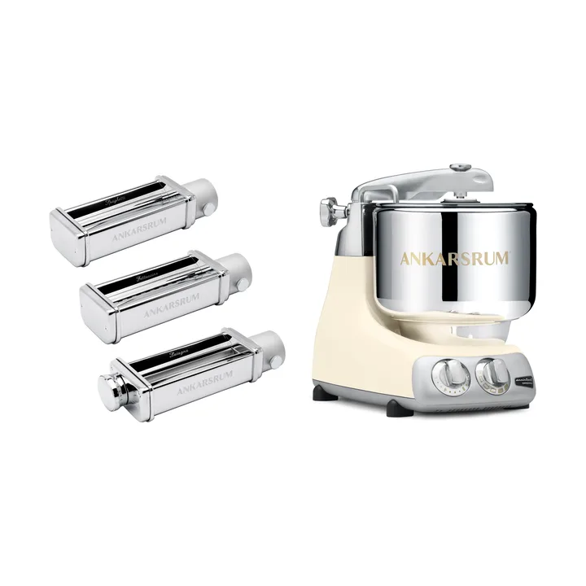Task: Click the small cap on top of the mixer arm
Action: coord(461,169)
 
